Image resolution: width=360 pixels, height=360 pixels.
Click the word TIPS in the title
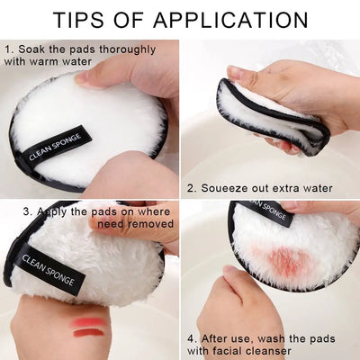coord(85,19)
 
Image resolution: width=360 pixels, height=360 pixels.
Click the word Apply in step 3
coord(58,212)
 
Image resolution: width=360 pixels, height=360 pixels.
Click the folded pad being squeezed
coord(270,112)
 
